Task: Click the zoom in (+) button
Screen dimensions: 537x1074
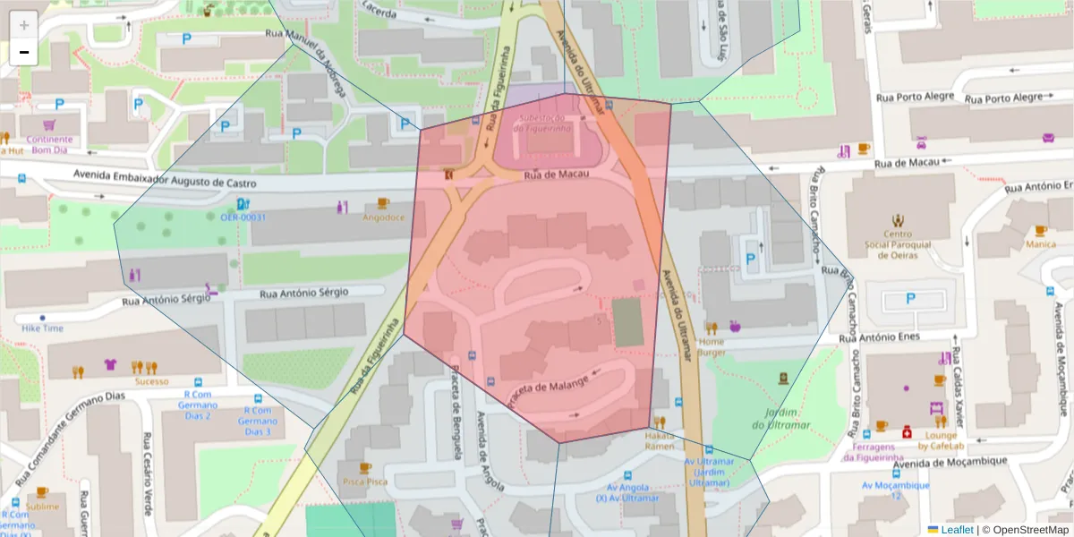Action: click(x=23, y=24)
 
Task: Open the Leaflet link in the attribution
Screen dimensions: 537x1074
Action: click(x=957, y=530)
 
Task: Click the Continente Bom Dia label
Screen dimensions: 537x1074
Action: click(x=49, y=144)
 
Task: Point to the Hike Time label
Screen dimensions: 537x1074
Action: click(x=42, y=328)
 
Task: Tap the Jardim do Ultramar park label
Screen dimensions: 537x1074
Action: click(x=782, y=418)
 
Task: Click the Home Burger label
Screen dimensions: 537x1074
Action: click(x=712, y=346)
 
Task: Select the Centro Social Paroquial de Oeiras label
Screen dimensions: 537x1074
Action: click(x=898, y=245)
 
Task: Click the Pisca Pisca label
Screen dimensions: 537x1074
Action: click(x=364, y=482)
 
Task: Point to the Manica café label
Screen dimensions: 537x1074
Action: click(x=1040, y=243)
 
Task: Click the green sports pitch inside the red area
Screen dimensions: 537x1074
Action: click(x=627, y=322)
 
